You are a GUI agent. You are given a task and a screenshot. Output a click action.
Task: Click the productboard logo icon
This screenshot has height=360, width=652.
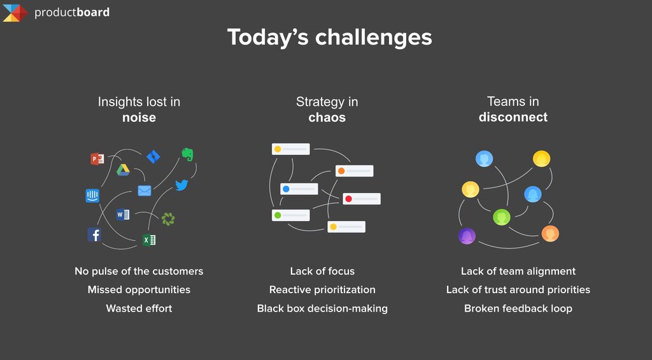[x=15, y=13]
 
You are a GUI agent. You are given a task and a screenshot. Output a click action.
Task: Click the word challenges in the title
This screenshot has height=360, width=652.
[x=373, y=38]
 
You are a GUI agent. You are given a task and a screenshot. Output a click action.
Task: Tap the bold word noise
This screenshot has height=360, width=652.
[x=139, y=117]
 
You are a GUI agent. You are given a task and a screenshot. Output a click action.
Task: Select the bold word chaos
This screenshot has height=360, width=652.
[x=327, y=117]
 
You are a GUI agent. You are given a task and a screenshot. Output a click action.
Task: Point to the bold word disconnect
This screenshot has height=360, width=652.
[x=513, y=117]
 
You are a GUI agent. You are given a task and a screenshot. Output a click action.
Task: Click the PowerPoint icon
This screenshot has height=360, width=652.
[x=97, y=159]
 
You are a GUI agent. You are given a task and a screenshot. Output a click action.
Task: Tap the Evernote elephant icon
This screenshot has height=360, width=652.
[x=188, y=154]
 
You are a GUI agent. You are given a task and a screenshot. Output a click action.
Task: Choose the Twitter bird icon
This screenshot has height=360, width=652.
[x=181, y=185]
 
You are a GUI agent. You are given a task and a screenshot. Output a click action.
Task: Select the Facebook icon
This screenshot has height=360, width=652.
[x=94, y=234]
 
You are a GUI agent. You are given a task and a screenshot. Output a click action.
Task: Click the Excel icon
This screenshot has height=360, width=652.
[x=149, y=240]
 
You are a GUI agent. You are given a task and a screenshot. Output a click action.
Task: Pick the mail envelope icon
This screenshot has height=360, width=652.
[x=145, y=191]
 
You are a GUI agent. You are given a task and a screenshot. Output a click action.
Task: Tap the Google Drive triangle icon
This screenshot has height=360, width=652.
[x=123, y=169]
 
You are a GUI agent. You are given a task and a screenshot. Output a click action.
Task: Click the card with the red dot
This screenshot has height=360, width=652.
[x=362, y=199]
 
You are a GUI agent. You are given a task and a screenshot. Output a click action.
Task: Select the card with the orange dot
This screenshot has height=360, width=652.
[x=354, y=171]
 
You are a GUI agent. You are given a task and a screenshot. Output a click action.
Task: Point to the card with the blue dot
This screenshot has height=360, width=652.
[x=299, y=189]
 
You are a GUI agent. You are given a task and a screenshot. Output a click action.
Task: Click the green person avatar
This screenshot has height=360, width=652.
[x=502, y=217]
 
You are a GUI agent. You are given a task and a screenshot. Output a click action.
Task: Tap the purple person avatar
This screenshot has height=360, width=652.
[x=467, y=236]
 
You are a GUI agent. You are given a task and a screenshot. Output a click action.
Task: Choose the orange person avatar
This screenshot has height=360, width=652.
[x=549, y=233]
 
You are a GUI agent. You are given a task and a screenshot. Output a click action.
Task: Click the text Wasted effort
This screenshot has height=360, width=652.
[x=139, y=308]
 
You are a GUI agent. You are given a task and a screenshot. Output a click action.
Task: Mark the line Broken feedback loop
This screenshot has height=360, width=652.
[x=518, y=308]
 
